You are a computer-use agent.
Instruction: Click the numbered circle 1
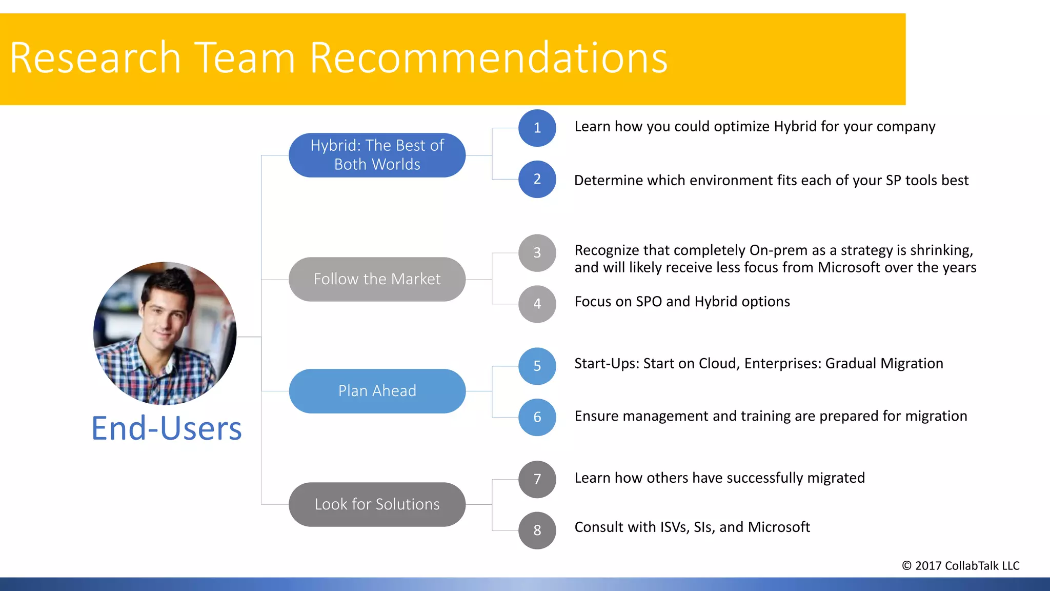pos(537,128)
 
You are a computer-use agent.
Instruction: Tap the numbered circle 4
pos(537,304)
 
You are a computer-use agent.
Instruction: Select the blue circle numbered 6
pos(537,417)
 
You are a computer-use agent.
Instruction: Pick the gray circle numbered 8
pos(537,530)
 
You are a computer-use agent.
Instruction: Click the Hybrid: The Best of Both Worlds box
pos(377,155)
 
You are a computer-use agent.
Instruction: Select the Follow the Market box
pos(377,279)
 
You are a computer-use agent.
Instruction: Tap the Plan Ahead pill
pos(377,391)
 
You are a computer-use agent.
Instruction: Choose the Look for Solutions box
pos(377,504)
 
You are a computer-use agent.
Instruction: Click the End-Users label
pos(166,429)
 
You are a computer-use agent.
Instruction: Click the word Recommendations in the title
pos(488,58)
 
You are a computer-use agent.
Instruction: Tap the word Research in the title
pos(95,58)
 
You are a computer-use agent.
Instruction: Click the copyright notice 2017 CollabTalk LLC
pos(960,565)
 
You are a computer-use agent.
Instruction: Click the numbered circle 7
pos(537,479)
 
